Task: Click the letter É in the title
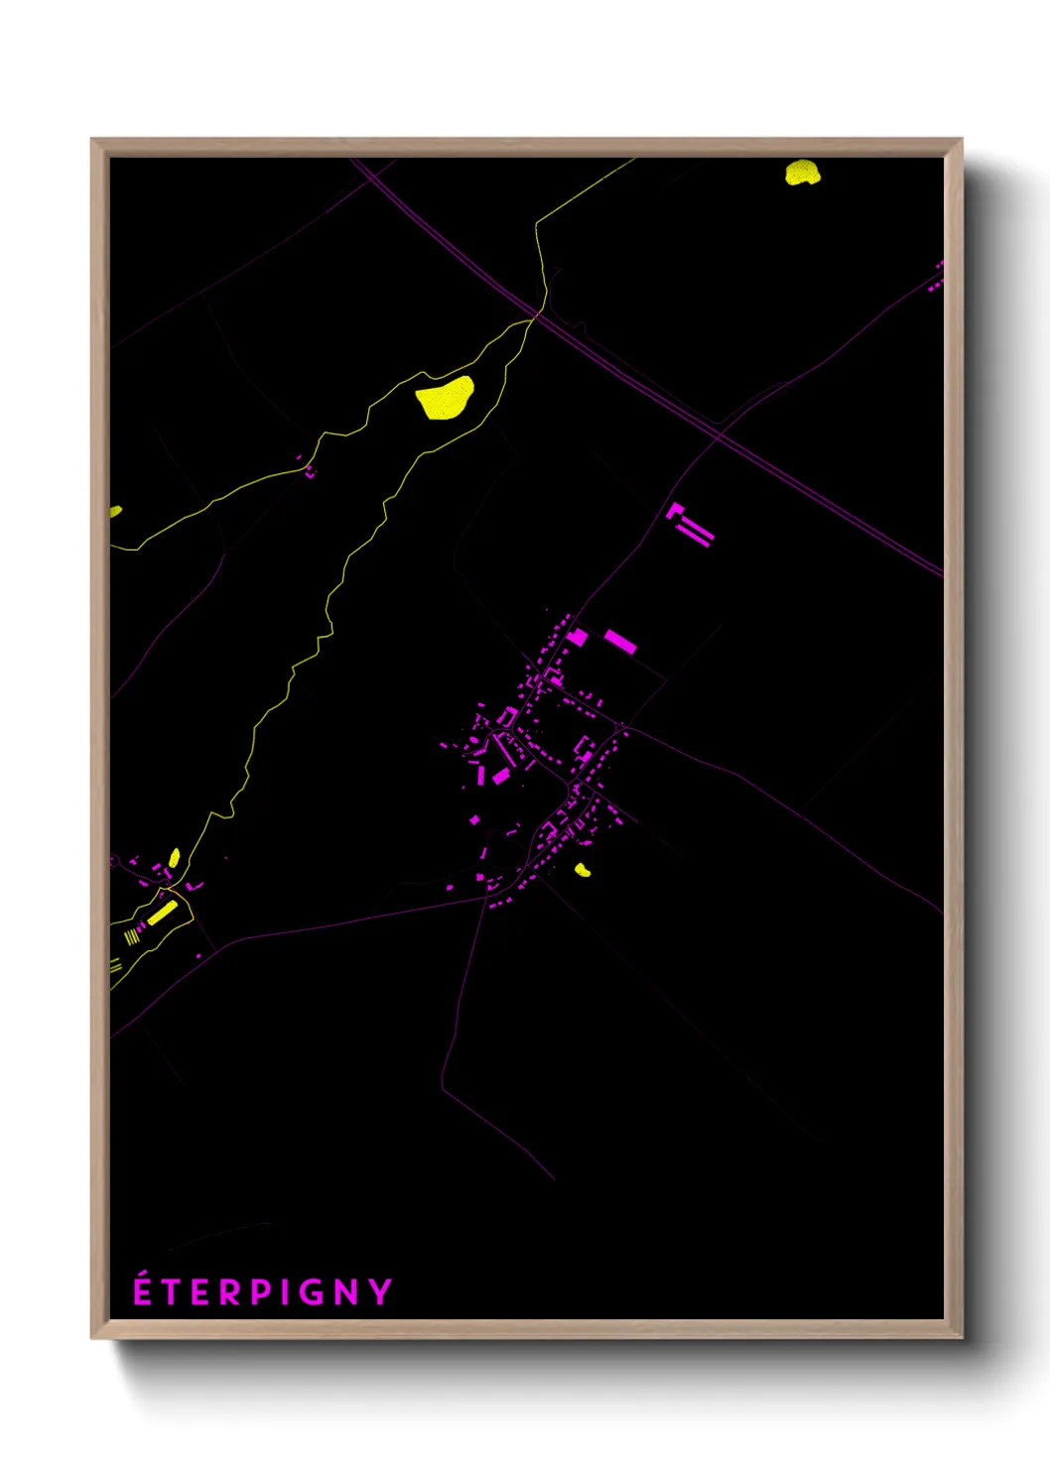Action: [143, 1290]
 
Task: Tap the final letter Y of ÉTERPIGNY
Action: [380, 1292]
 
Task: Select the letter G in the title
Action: [313, 1292]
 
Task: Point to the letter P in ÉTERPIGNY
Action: [260, 1292]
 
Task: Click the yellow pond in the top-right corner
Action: [802, 173]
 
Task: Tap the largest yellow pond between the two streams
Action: [445, 398]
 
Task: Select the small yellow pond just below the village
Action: [583, 870]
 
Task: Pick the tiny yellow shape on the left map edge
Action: [115, 511]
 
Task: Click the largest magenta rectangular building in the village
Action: [620, 641]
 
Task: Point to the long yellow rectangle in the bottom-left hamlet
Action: [162, 913]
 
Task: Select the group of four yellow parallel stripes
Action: [132, 935]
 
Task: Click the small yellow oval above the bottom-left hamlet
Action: [175, 857]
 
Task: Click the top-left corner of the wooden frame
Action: [93, 141]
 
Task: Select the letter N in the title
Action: [346, 1292]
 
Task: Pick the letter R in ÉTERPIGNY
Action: [230, 1292]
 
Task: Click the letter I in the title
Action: [285, 1292]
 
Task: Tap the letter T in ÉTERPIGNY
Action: [172, 1292]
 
